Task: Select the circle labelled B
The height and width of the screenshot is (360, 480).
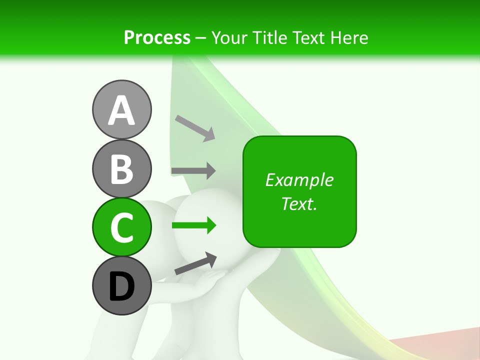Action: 121,168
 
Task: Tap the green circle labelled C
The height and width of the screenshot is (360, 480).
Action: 121,227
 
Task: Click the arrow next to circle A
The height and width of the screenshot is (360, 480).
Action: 195,127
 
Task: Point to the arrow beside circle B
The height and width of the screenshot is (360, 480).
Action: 193,170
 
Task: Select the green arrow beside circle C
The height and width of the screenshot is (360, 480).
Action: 194,225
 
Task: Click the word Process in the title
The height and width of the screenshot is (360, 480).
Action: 157,37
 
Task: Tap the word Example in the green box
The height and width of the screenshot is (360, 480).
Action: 299,180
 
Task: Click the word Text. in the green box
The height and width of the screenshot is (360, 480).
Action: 299,203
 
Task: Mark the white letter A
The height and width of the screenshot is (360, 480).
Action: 121,110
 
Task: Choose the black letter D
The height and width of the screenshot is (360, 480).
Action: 121,286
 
